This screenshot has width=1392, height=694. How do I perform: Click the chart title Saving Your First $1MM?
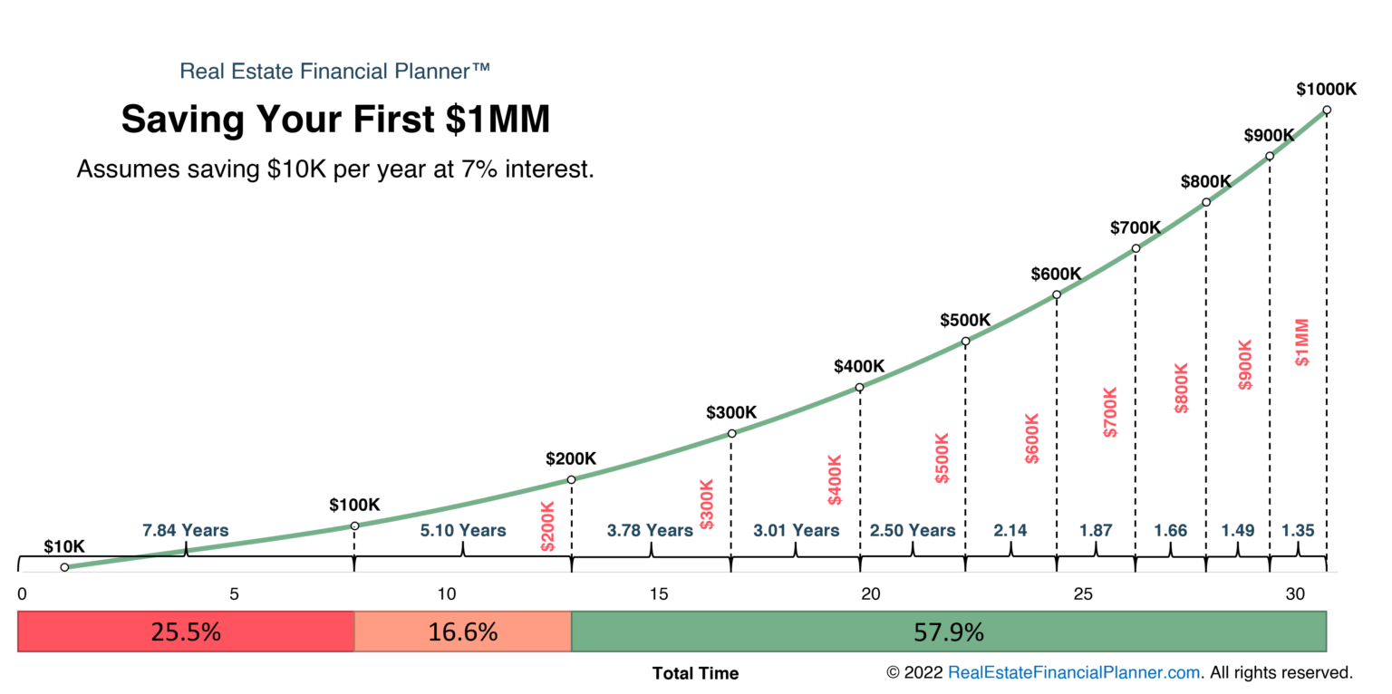pyautogui.click(x=335, y=120)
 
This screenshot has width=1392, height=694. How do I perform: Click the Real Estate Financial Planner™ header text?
pyautogui.click(x=335, y=71)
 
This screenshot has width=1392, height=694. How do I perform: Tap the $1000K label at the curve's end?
pyautogui.click(x=1326, y=89)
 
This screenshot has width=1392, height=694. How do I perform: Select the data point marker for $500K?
pyautogui.click(x=965, y=342)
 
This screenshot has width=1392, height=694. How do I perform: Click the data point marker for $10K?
pyautogui.click(x=64, y=567)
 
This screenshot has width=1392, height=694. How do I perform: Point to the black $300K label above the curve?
pyautogui.click(x=730, y=412)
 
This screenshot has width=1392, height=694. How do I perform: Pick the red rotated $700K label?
pyautogui.click(x=1111, y=412)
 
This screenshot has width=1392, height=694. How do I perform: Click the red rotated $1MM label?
pyautogui.click(x=1302, y=342)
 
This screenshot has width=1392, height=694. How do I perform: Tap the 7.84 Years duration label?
pyautogui.click(x=185, y=530)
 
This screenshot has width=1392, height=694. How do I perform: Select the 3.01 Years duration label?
pyautogui.click(x=796, y=530)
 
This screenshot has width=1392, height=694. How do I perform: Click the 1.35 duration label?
pyautogui.click(x=1297, y=530)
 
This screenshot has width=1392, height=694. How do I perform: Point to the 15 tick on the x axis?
pyautogui.click(x=659, y=594)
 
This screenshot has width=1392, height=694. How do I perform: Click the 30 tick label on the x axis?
pyautogui.click(x=1295, y=594)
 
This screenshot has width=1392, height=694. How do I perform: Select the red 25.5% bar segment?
pyautogui.click(x=185, y=631)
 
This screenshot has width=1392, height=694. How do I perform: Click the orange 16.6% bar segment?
pyautogui.click(x=462, y=631)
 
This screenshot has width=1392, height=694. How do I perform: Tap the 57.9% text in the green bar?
pyautogui.click(x=948, y=631)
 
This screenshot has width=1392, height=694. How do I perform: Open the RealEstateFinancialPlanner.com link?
pyautogui.click(x=1073, y=672)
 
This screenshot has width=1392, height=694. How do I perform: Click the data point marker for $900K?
pyautogui.click(x=1270, y=156)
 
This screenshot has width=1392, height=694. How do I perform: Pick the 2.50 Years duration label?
pyautogui.click(x=912, y=530)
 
